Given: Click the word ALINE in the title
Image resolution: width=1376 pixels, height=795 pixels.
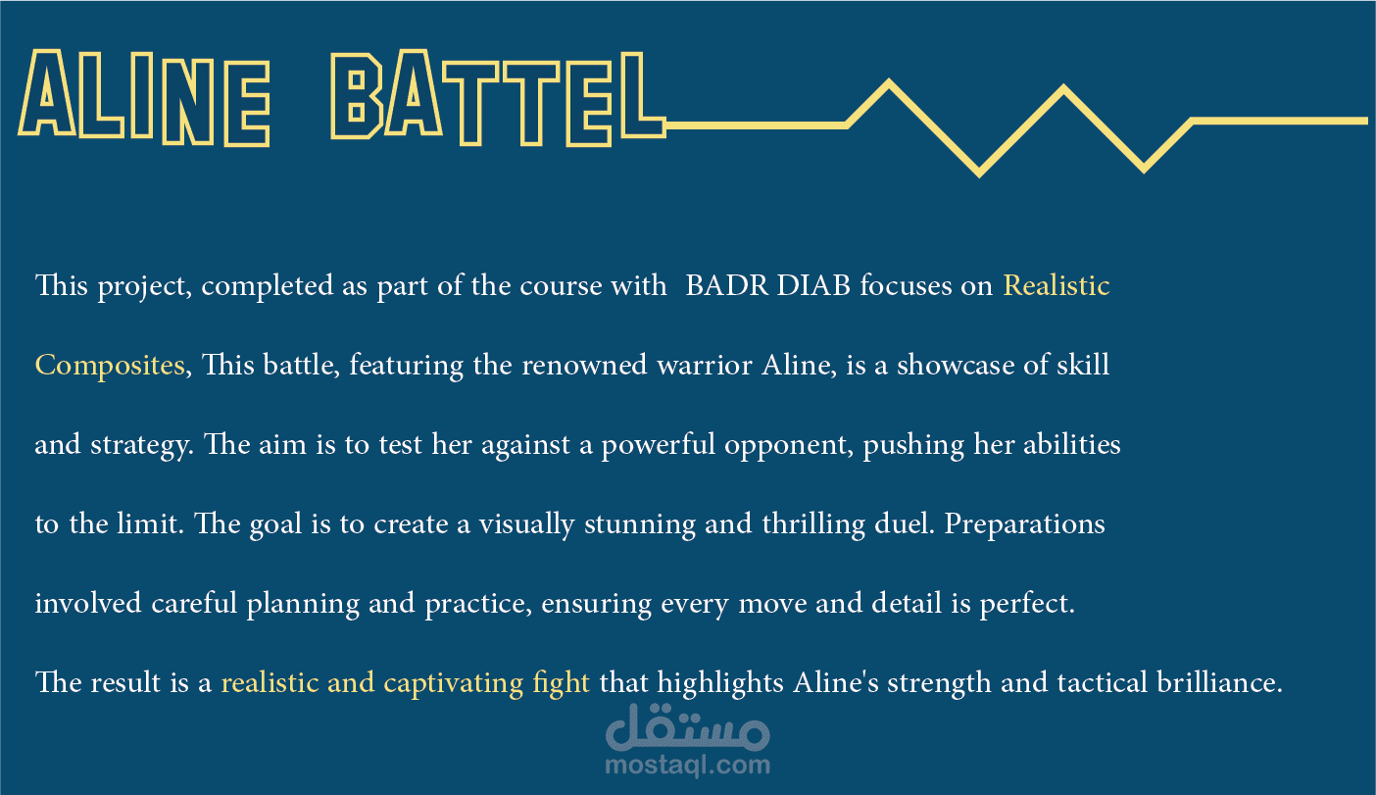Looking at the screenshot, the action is [144, 98].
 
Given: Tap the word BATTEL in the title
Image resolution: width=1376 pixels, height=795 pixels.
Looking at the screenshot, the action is [498, 98].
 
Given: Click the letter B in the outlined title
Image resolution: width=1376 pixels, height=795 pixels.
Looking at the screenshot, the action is [357, 96].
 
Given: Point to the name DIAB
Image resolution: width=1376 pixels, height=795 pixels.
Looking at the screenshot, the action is [813, 285].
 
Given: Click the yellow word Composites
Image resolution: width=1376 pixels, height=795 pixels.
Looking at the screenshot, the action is [110, 367].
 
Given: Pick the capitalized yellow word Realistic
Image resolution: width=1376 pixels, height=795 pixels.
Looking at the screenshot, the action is [1057, 285].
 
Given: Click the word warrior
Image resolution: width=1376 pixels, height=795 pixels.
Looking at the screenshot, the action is [705, 367].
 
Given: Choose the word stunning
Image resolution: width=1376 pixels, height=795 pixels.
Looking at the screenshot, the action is [639, 524].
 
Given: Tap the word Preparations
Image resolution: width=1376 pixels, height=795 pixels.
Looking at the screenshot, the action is [1024, 524].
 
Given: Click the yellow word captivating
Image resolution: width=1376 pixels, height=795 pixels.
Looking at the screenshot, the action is [454, 683].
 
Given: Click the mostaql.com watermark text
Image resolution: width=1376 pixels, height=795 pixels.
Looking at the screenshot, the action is [687, 766].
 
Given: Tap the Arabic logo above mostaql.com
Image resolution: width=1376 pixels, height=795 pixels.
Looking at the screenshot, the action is [687, 727].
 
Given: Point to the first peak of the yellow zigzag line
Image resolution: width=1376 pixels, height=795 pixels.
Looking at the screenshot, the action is [889, 81].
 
